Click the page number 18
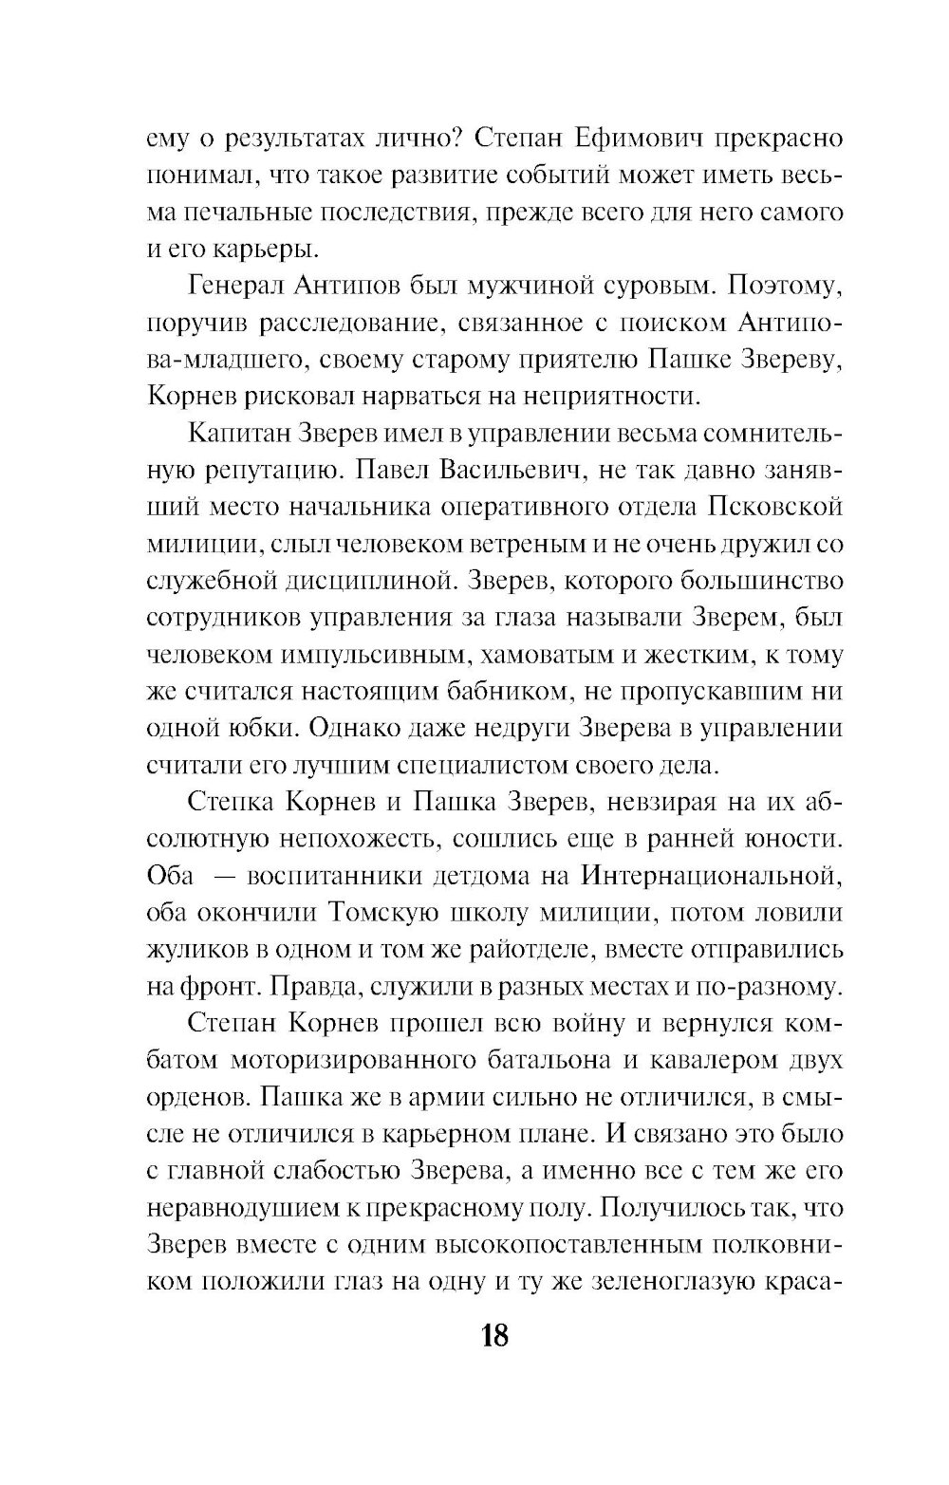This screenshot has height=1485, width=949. coord(494,1336)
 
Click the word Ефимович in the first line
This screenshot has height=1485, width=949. coord(598,139)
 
